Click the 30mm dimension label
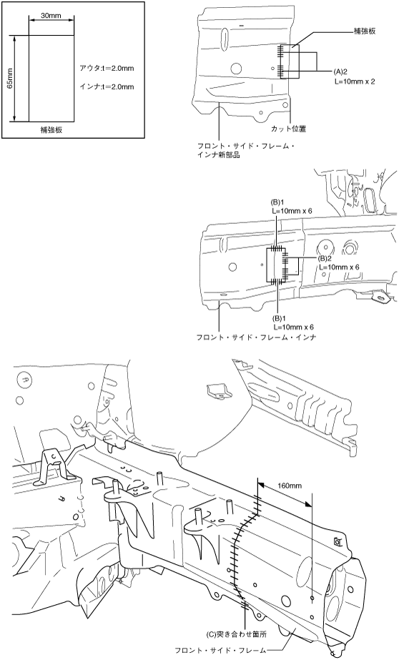tap(51, 16)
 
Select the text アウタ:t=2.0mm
tap(107, 68)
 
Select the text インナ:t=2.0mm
tap(107, 87)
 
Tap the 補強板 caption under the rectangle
tap(51, 130)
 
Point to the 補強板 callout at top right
tap(364, 31)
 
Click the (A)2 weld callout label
tap(340, 72)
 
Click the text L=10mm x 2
tap(355, 82)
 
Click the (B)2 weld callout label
tap(325, 258)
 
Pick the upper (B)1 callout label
tap(278, 202)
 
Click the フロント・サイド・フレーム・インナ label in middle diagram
tap(256, 338)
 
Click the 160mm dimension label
tap(290, 486)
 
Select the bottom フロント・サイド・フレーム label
tap(220, 650)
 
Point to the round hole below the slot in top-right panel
tap(237, 67)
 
